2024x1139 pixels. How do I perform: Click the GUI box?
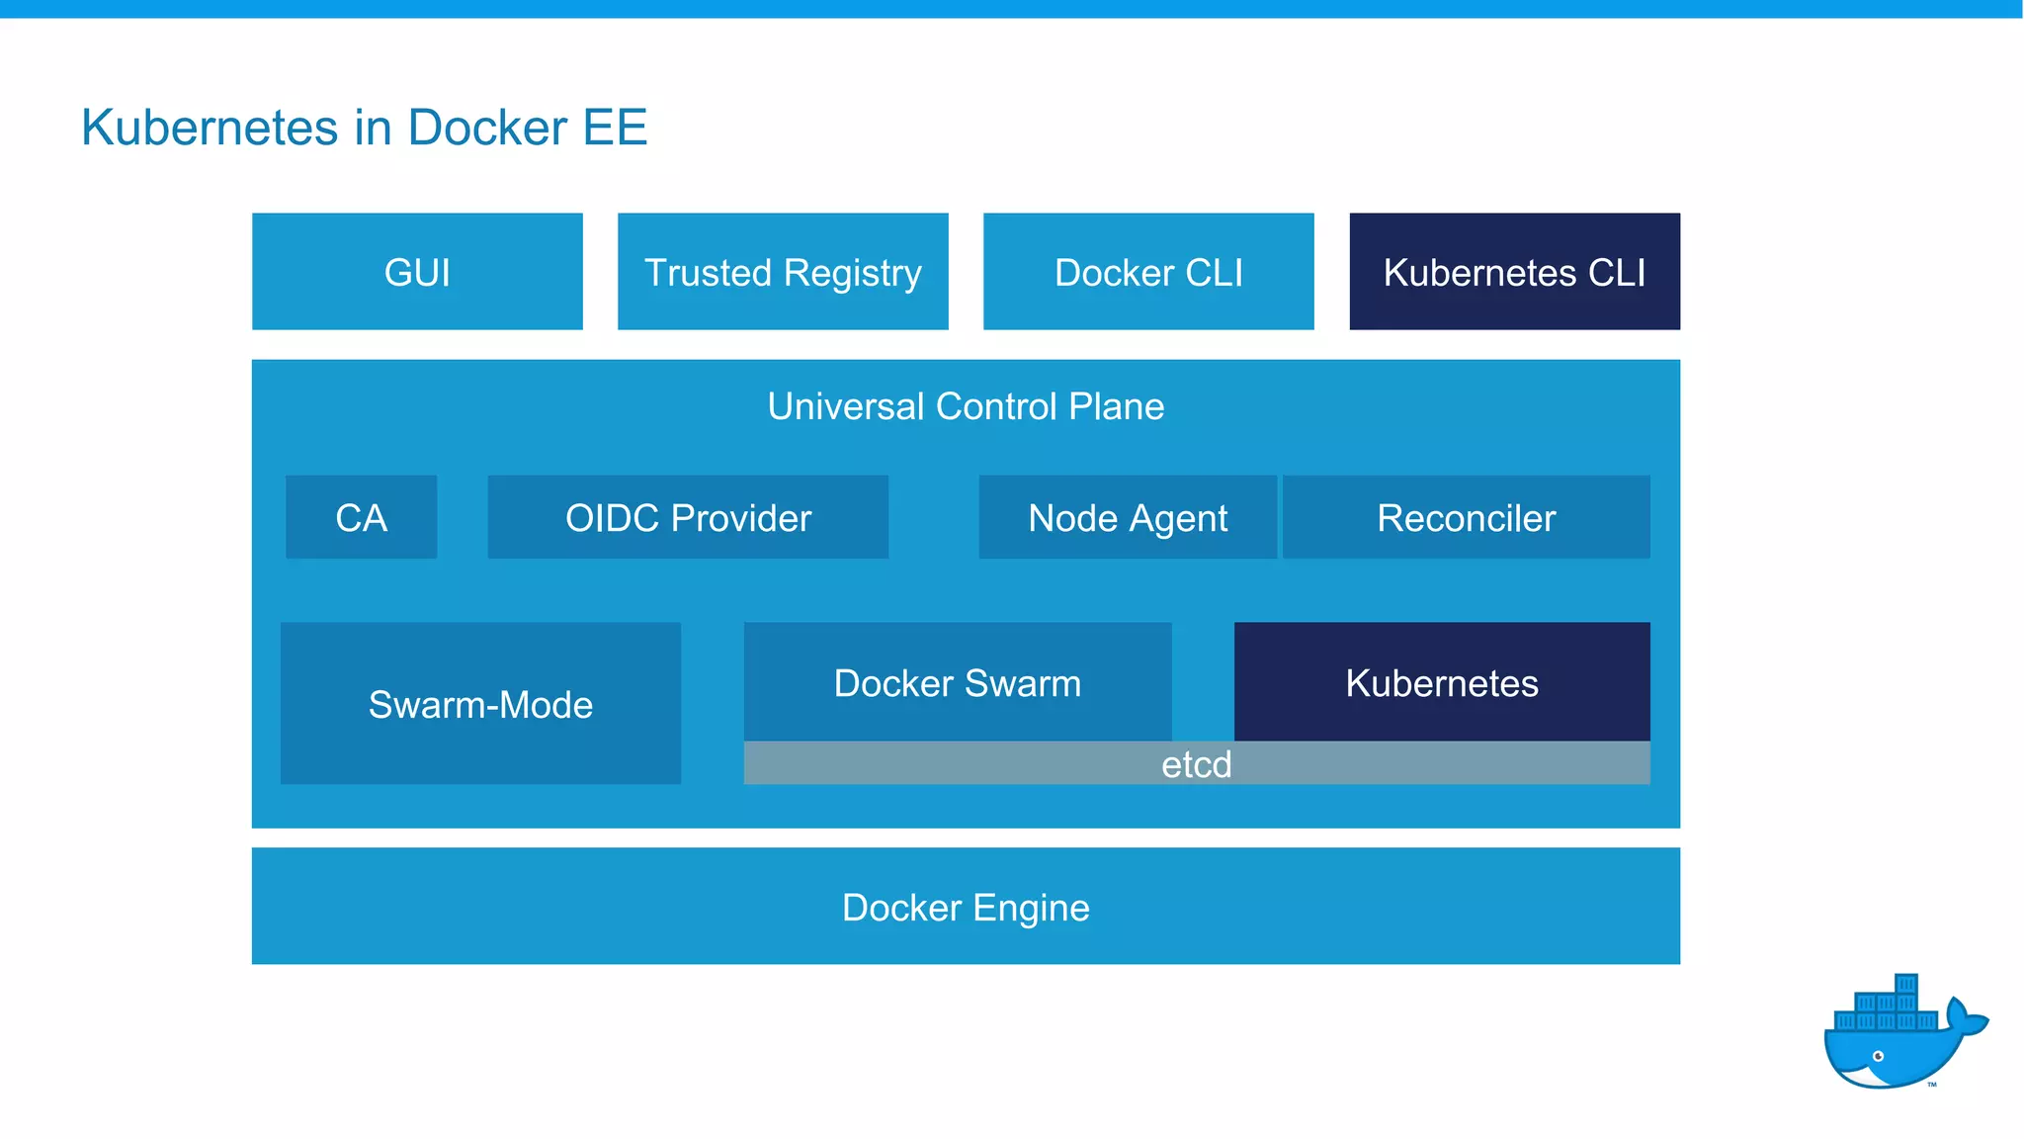point(417,272)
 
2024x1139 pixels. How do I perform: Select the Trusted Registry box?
point(783,272)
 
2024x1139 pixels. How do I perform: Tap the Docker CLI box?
point(1148,272)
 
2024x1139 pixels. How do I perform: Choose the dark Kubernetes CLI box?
point(1514,272)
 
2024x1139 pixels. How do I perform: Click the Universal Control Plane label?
point(966,406)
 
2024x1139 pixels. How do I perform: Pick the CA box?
point(361,517)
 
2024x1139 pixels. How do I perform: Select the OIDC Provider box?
point(688,517)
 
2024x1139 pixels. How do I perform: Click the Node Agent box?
point(1128,517)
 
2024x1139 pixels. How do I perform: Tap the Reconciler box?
point(1467,517)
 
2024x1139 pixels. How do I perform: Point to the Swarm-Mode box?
point(480,704)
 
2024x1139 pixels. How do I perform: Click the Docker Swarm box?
point(957,682)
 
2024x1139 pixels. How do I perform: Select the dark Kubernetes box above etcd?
point(1442,682)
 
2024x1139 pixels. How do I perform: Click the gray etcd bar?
point(1196,764)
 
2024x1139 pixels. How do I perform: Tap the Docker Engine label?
point(966,907)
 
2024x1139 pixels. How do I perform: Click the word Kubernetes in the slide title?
point(210,128)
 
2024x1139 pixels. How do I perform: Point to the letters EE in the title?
point(615,128)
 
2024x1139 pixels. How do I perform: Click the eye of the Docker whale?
point(1879,1056)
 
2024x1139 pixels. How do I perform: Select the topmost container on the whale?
point(1906,985)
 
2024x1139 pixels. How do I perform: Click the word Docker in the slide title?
point(487,128)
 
